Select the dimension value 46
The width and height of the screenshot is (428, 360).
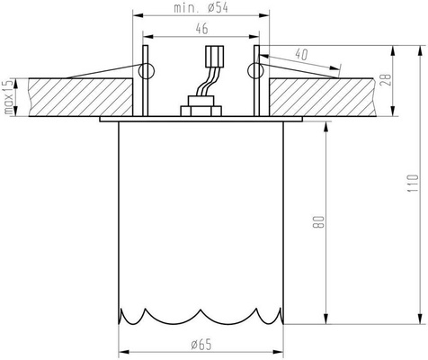pos(201,29)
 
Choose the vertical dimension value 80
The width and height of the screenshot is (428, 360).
pos(317,220)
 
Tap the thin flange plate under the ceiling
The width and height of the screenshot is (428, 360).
pos(201,118)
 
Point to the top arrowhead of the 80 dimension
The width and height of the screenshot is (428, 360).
pos(325,123)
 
